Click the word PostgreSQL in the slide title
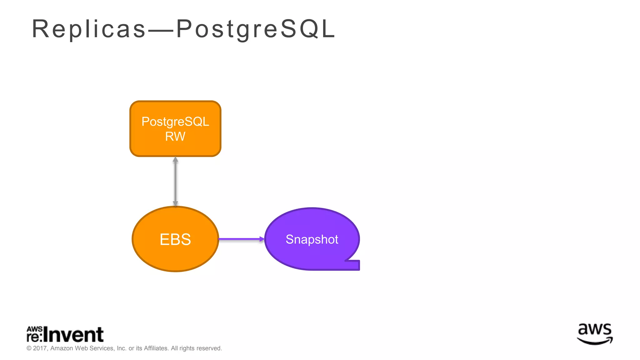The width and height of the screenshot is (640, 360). (256, 29)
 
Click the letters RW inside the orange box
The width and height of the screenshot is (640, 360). (175, 137)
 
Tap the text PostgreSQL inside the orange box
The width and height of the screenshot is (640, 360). (175, 122)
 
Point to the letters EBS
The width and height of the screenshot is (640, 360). (175, 240)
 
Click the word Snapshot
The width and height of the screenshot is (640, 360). (312, 239)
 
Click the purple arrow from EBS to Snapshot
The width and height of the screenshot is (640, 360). (239, 239)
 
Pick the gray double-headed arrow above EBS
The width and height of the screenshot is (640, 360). (175, 181)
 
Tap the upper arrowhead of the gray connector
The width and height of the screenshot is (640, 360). (175, 160)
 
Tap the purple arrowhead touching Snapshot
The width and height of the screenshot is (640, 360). (262, 239)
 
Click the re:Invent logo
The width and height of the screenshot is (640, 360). (65, 334)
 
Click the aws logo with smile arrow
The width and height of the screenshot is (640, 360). (595, 334)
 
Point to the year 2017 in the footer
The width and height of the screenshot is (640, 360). (40, 348)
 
